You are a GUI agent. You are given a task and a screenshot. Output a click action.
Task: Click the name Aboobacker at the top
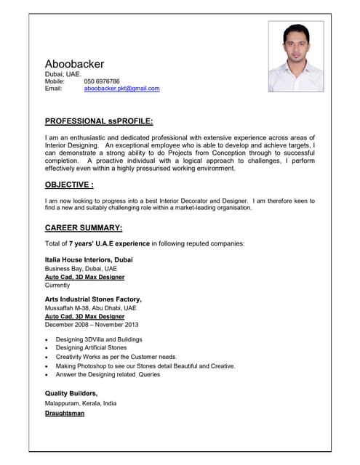coord(74,64)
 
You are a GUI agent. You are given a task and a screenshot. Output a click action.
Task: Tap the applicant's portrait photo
coord(295,57)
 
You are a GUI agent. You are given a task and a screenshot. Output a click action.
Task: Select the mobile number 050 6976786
coord(102,81)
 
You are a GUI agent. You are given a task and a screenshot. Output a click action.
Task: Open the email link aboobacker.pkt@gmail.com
coord(121,89)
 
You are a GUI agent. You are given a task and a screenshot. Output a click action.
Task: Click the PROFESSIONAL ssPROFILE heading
coord(99,121)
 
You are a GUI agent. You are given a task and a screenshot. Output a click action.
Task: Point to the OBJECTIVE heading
coord(69,185)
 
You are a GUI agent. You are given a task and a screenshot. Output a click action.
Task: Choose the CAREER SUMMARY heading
coord(84,227)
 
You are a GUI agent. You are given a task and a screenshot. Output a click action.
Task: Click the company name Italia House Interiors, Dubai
coord(89,259)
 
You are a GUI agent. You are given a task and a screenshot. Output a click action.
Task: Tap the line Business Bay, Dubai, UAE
coord(81,268)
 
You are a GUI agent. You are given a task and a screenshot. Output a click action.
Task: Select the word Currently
coord(58,286)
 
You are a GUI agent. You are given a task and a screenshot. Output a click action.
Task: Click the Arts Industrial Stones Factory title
coord(93,299)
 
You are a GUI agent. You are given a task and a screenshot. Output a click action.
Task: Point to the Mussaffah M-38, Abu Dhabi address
coord(90,308)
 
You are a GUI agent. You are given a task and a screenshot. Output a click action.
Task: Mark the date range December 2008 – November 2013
coord(92,325)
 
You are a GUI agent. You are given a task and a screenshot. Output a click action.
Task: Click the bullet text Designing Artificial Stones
coord(91,348)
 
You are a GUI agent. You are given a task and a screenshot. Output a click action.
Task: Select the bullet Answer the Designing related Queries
coord(108,375)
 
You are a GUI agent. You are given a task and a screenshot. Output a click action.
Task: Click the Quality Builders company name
coord(71,393)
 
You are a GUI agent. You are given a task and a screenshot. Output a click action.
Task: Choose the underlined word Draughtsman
coord(65,413)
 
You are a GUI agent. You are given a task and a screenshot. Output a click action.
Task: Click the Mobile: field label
coord(55,81)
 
